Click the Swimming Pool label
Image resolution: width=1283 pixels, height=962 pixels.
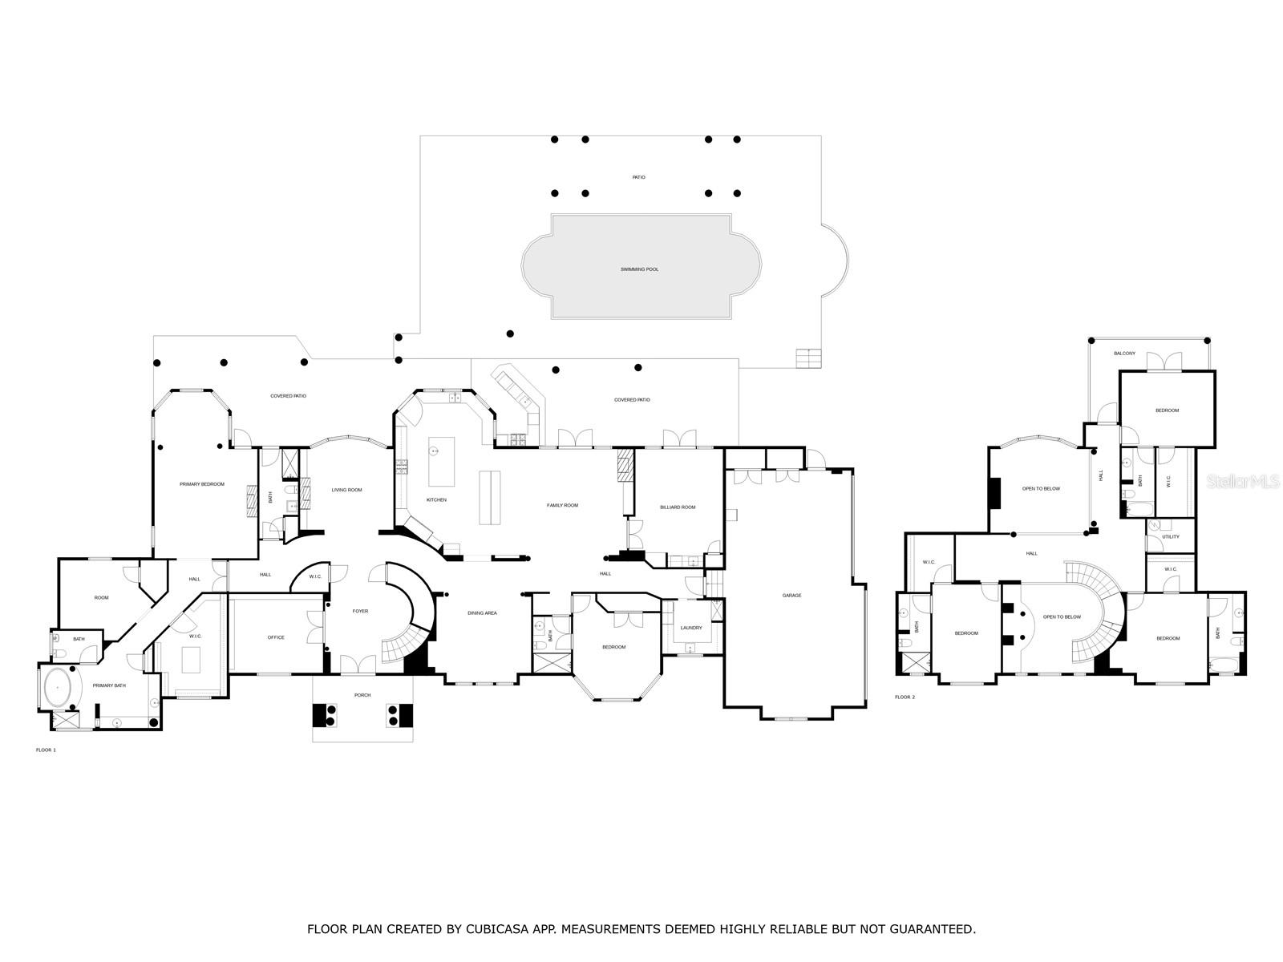click(639, 269)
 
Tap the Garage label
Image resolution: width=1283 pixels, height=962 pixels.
click(791, 596)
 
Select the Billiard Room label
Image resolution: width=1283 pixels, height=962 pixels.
click(678, 507)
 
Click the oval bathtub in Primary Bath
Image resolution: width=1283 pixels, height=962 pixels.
click(58, 687)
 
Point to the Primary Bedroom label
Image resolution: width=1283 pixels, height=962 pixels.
click(201, 484)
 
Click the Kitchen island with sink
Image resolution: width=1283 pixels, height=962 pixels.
click(441, 461)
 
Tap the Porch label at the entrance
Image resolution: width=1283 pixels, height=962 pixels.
click(362, 695)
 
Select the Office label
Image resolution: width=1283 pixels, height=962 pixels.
click(276, 638)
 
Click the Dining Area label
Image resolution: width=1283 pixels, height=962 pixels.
click(482, 613)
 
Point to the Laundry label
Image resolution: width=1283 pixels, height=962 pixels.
click(691, 628)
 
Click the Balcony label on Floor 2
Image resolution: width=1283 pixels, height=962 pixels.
click(1124, 354)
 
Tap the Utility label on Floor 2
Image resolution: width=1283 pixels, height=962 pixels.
click(1171, 536)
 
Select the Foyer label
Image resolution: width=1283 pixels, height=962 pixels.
click(360, 612)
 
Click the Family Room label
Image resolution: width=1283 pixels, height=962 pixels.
click(562, 506)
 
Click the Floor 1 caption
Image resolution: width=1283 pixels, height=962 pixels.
click(46, 750)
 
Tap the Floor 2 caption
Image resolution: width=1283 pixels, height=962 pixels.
click(905, 697)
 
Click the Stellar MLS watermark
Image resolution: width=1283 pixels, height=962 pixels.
click(1244, 481)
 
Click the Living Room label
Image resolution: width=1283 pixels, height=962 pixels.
click(346, 490)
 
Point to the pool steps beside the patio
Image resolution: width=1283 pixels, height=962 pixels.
click(808, 358)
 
